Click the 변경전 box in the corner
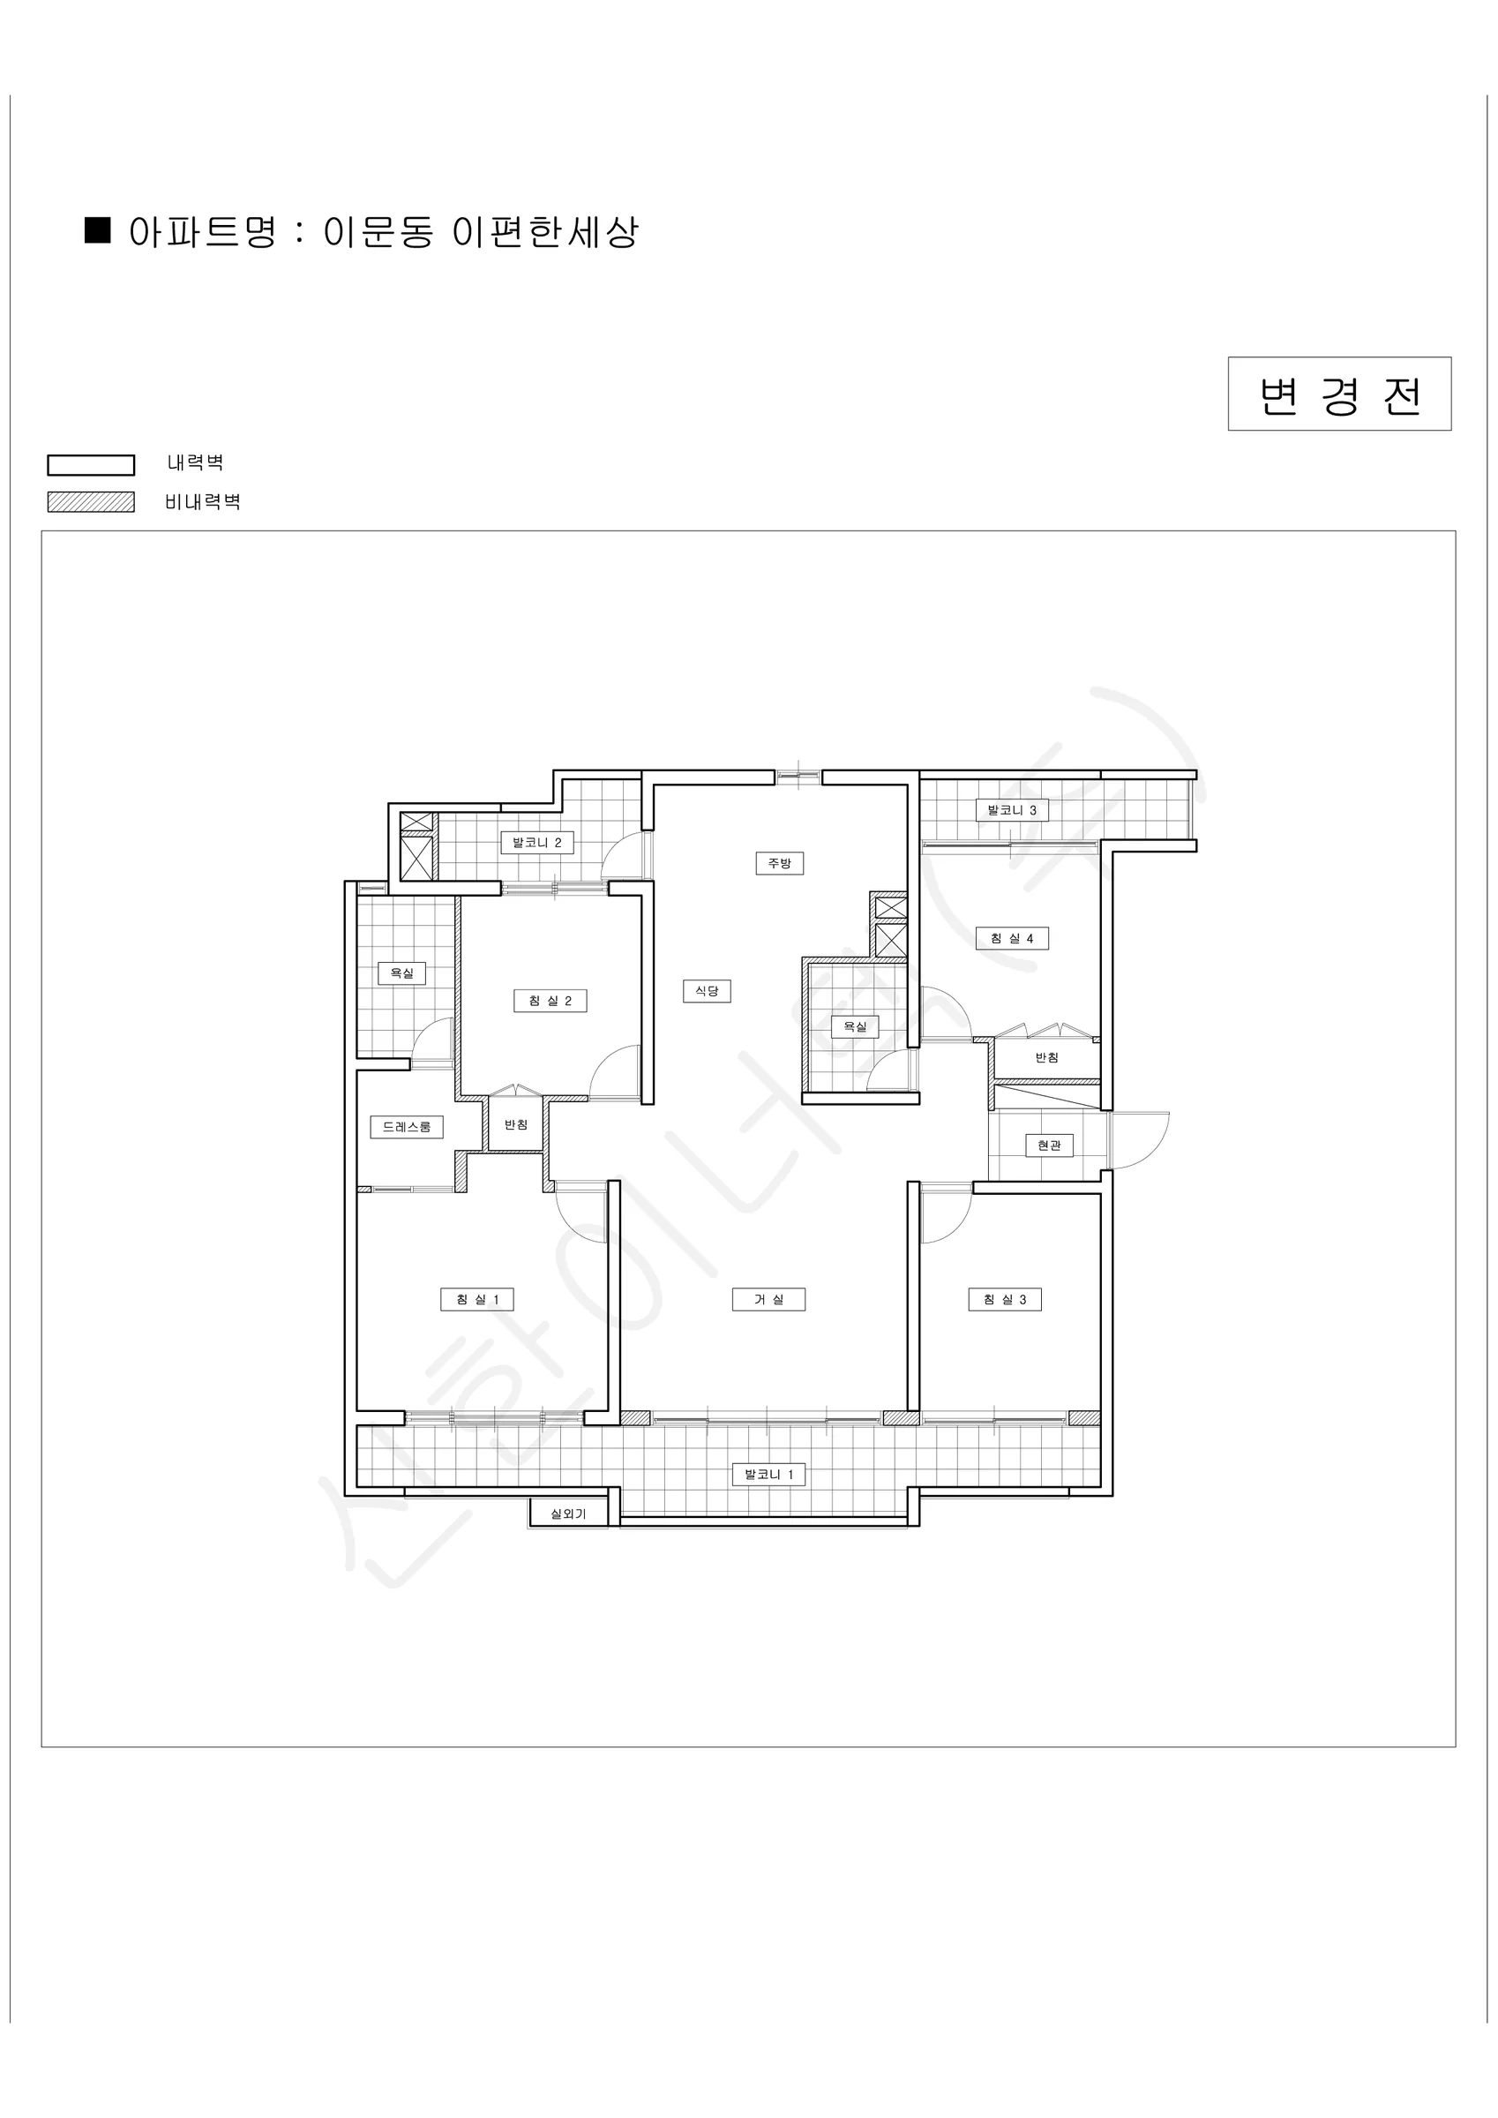(1338, 394)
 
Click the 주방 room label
(780, 863)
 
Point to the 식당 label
(707, 991)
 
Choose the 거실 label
(768, 1300)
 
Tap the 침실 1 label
(477, 1300)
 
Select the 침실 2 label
(550, 1001)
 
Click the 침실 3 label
(1005, 1300)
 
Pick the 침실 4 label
(1012, 938)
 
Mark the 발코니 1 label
(768, 1474)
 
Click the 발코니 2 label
(537, 842)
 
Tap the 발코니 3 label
(1012, 810)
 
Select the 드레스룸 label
(407, 1126)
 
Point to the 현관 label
(1049, 1145)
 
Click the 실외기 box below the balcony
(568, 1513)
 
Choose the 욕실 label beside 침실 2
(401, 973)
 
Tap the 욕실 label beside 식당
(855, 1026)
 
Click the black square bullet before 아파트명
(98, 229)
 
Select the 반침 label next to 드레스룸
(515, 1124)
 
